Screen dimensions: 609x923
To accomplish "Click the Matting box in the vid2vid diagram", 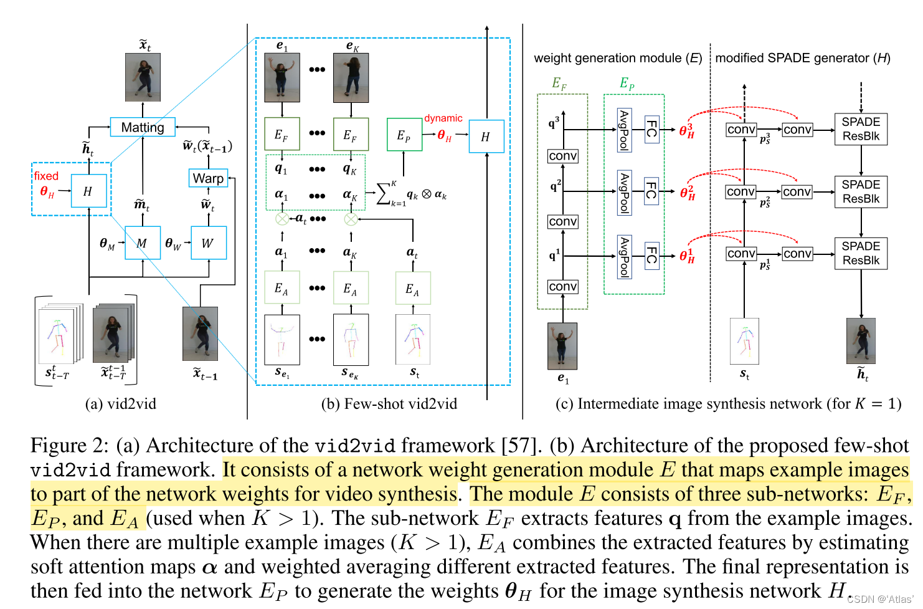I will pyautogui.click(x=143, y=127).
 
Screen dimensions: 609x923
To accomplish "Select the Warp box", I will pyautogui.click(x=208, y=178).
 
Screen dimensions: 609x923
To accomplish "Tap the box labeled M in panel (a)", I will pyautogui.click(x=143, y=243).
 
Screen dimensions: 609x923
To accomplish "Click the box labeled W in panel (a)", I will pyautogui.click(x=208, y=243).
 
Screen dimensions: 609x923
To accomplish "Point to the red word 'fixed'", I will pyautogui.click(x=46, y=176).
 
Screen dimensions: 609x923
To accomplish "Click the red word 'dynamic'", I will pyautogui.click(x=443, y=118).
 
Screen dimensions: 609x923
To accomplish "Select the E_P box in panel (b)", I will pyautogui.click(x=404, y=135).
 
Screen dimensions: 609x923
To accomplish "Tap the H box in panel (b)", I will pyautogui.click(x=486, y=137).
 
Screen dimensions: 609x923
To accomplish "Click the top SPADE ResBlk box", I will pyautogui.click(x=861, y=129).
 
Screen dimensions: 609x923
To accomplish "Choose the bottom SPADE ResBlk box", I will pyautogui.click(x=861, y=253).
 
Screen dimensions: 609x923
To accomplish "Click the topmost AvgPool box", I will pyautogui.click(x=624, y=130).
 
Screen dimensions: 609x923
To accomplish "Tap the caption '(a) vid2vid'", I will pyautogui.click(x=121, y=404).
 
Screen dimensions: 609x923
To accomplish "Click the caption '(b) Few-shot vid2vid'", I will pyautogui.click(x=389, y=404).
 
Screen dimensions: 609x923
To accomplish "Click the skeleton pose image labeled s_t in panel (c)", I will pyautogui.click(x=744, y=341).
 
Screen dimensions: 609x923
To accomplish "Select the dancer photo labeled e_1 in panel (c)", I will pyautogui.click(x=562, y=346).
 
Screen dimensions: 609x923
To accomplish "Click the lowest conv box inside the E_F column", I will pyautogui.click(x=563, y=287).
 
